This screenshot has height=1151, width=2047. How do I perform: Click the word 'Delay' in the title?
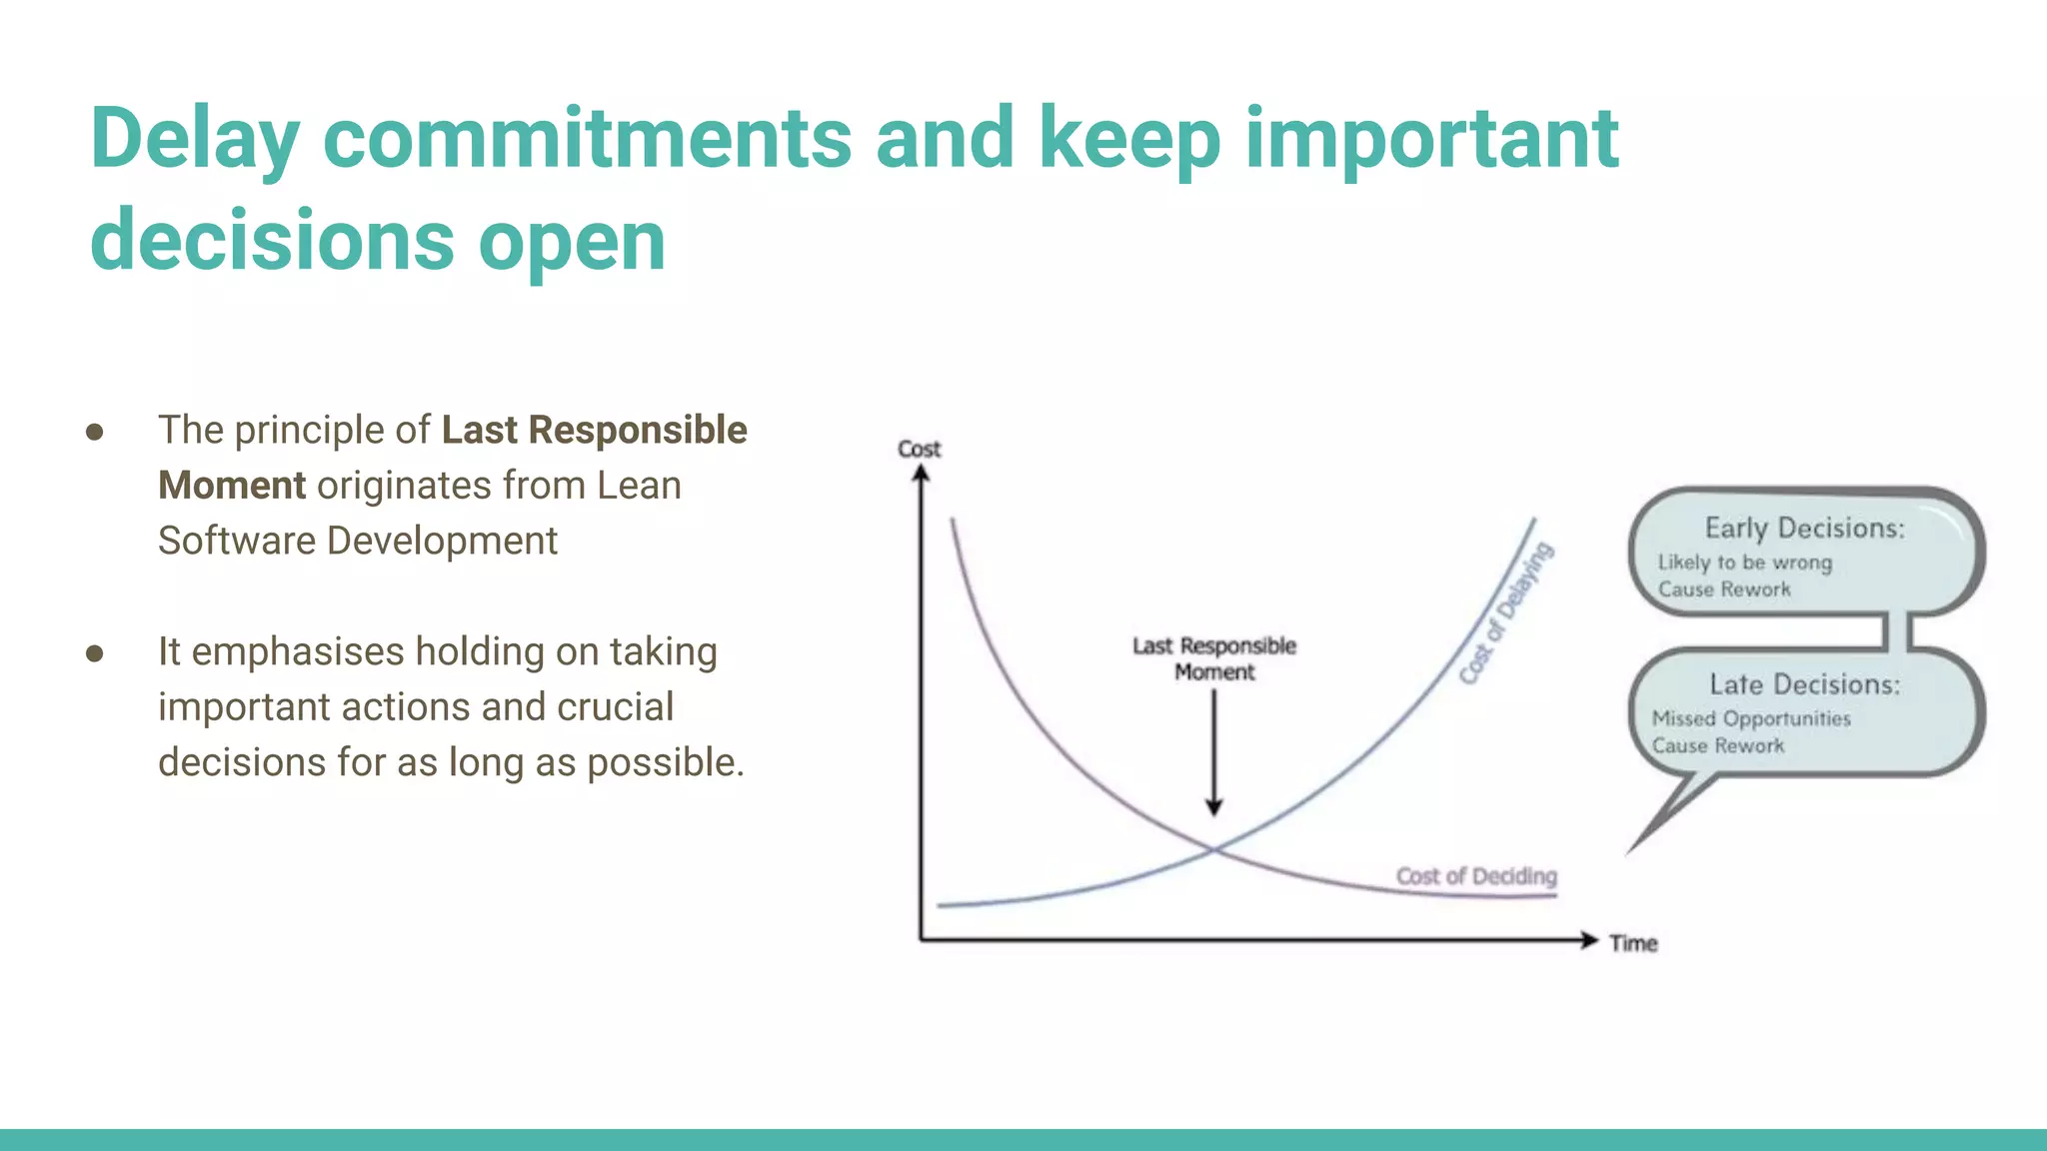[194, 140]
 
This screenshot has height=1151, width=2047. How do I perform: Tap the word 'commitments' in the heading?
[587, 138]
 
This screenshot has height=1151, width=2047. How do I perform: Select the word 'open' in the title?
[571, 242]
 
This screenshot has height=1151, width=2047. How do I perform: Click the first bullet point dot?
[95, 432]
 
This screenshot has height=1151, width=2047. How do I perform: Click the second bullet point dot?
[95, 653]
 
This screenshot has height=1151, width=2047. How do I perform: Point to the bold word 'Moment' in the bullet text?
[232, 486]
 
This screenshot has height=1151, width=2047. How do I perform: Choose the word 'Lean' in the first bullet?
[639, 486]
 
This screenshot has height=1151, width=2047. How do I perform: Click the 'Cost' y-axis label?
[919, 450]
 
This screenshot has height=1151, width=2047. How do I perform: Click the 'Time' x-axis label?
[1633, 943]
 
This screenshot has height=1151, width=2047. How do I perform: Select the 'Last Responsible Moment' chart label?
[1213, 658]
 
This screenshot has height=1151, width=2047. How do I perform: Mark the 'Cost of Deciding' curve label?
[1476, 876]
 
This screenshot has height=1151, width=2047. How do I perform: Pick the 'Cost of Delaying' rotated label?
[1505, 613]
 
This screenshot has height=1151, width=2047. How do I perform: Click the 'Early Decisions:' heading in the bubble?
[1804, 528]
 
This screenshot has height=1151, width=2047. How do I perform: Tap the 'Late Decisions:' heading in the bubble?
[1804, 684]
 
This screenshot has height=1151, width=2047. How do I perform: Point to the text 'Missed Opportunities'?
[1751, 718]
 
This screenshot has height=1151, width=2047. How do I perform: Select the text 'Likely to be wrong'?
[1744, 563]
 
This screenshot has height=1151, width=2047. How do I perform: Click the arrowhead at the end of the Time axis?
[1589, 940]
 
